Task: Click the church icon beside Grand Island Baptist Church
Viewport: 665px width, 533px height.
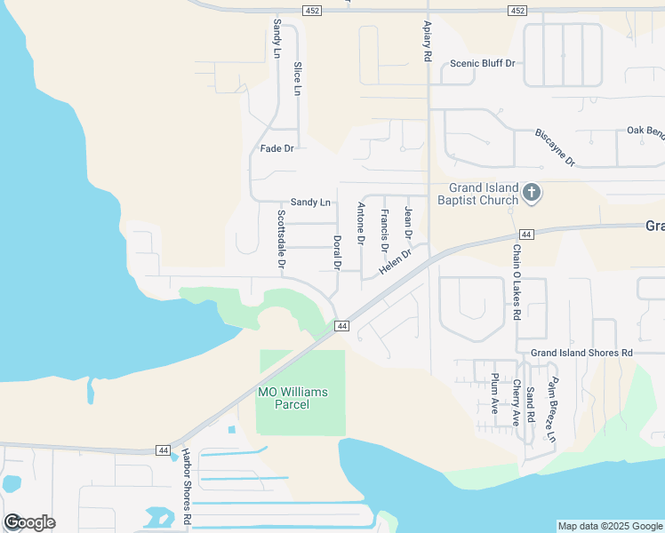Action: point(532,193)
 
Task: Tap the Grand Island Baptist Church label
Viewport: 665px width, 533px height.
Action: point(477,194)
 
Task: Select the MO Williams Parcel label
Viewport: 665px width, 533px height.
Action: point(292,398)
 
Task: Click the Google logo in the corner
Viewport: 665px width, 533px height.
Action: point(29,521)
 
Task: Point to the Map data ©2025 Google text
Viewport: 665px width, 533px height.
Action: point(610,526)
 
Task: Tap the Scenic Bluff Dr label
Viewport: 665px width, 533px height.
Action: point(483,64)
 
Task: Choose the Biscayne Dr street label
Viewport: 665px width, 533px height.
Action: point(556,147)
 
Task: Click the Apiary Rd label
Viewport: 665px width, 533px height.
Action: point(428,41)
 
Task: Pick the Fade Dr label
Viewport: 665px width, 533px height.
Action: point(276,148)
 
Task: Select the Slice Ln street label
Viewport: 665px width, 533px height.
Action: point(297,79)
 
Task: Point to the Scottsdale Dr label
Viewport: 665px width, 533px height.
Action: point(281,240)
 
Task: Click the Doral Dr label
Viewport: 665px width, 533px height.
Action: point(337,252)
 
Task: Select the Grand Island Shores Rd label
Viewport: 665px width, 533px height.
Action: point(581,353)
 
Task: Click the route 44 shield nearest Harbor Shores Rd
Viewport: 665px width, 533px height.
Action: point(162,450)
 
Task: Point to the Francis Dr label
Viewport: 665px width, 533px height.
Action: point(384,230)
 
